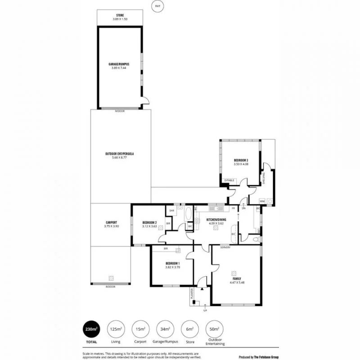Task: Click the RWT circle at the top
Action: click(x=157, y=6)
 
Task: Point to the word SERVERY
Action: click(x=225, y=248)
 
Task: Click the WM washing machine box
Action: click(x=262, y=201)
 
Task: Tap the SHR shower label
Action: click(x=171, y=210)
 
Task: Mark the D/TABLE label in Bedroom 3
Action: click(x=229, y=180)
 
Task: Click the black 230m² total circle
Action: click(x=91, y=329)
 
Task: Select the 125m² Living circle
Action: click(x=116, y=329)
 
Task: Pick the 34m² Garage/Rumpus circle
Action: click(x=164, y=329)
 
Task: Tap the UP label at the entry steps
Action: click(x=206, y=310)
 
